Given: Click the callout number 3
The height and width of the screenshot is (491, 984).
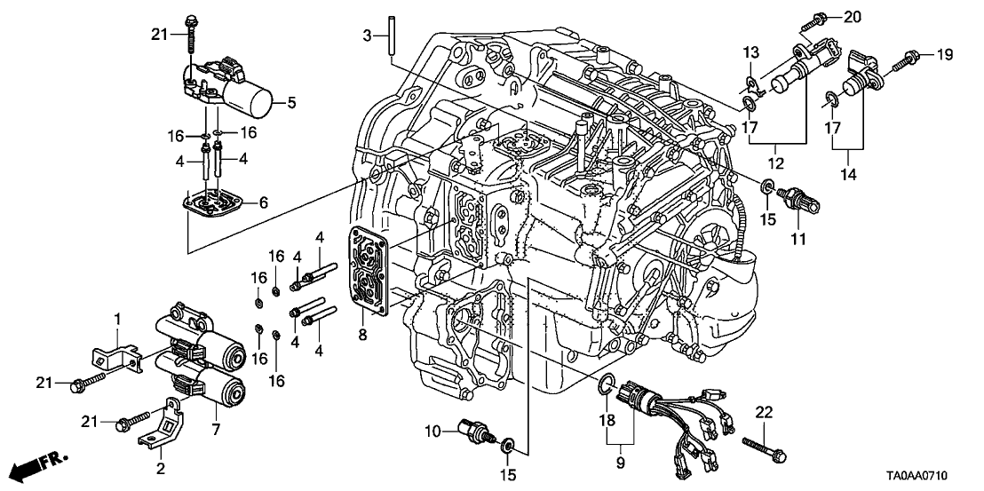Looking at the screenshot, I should click(366, 35).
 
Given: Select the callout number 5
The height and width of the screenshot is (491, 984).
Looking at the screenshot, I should click(290, 103).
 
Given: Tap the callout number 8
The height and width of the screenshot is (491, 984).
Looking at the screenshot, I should click(363, 336).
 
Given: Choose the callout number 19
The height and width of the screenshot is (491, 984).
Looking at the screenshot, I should click(943, 55).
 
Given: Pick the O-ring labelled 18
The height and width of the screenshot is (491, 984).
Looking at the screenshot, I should click(607, 384).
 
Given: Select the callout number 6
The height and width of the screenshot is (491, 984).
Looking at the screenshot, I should click(263, 202).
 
